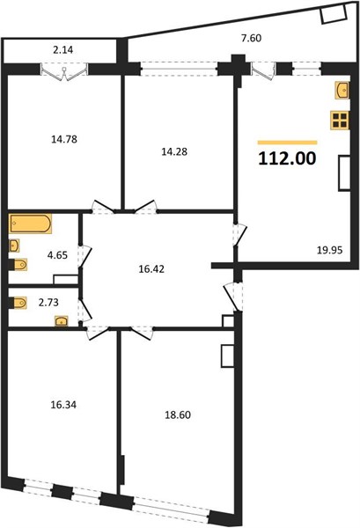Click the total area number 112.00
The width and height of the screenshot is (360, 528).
coord(287,158)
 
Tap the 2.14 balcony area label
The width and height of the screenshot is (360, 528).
coord(63,50)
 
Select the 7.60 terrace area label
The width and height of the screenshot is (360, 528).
coord(251,38)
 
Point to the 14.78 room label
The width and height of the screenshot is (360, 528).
coord(64,139)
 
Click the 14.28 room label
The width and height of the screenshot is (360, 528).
coord(174,151)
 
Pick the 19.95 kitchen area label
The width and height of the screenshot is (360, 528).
coord(330,250)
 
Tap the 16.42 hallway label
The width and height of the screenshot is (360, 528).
coord(151,268)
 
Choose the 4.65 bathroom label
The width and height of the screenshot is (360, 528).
coord(57,255)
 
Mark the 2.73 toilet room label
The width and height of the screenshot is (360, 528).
coord(48,303)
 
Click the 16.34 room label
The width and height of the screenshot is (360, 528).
coord(63,405)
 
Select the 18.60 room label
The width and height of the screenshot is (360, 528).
coord(178,414)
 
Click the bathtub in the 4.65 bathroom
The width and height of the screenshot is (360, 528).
coord(30,224)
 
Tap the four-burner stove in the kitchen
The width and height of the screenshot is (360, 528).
coord(340,121)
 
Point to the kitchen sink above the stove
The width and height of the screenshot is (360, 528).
coord(342,91)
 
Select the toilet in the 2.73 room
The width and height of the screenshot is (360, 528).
coord(18,303)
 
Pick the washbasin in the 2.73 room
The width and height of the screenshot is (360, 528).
coord(62,321)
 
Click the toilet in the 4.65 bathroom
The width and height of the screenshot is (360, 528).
coord(18,265)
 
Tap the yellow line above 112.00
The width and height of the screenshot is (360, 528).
coord(287,143)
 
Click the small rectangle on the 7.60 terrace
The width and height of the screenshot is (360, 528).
coord(334,15)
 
